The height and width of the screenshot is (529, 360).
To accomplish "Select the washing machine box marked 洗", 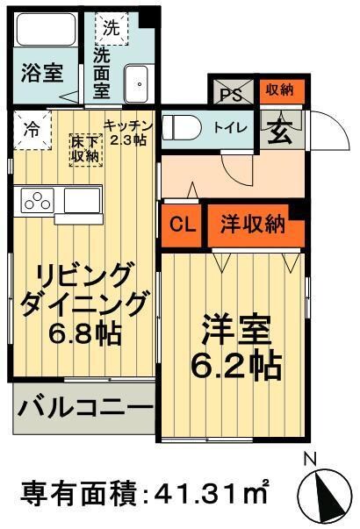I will [x=112, y=27].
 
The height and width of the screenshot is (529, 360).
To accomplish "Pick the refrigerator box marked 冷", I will [x=31, y=130].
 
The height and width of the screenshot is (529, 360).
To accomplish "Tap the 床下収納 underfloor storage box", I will [x=86, y=148].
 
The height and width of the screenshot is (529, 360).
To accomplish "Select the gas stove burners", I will [x=38, y=200].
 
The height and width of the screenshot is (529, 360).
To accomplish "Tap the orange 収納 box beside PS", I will [x=279, y=89].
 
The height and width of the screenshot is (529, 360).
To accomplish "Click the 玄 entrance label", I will [x=280, y=130].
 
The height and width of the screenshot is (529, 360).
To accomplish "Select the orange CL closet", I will [x=182, y=223].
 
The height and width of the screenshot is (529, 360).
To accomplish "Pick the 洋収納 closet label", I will [x=252, y=223].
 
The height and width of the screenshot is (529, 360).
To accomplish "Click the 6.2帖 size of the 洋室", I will [x=233, y=361].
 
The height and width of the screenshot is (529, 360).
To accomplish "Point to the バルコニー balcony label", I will [x=83, y=410].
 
